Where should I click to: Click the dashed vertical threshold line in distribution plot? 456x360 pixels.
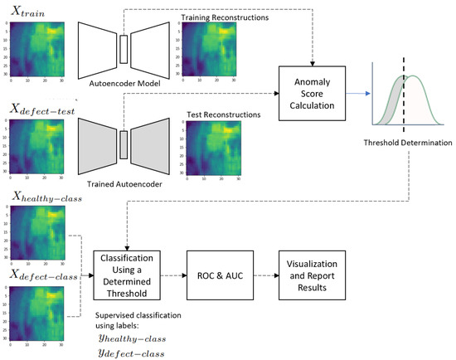(x=404, y=92)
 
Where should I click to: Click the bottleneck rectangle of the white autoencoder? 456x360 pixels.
(x=124, y=49)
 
